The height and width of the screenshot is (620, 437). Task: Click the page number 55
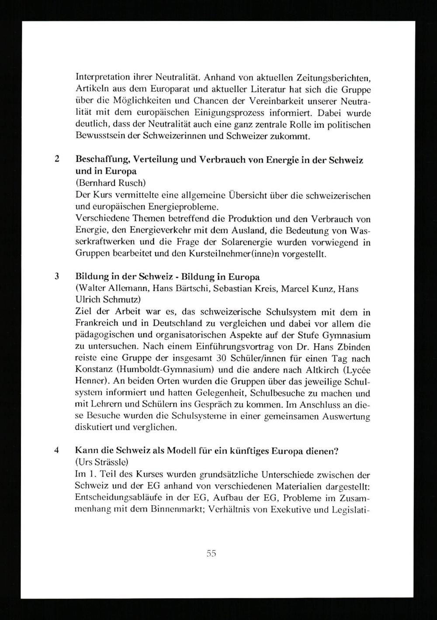tap(212, 554)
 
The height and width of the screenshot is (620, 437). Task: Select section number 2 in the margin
tap(57, 159)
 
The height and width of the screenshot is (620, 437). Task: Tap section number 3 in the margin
tap(57, 277)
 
